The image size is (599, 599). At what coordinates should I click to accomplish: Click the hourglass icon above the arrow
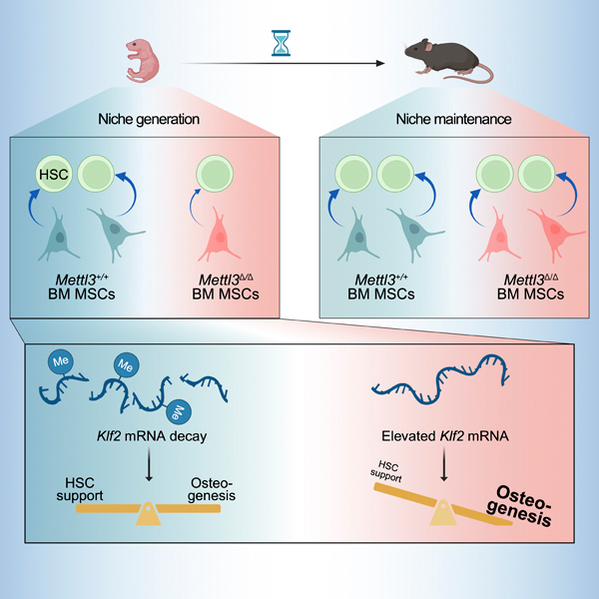pos(281,43)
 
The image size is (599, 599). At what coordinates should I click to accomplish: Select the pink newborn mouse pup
pos(142,61)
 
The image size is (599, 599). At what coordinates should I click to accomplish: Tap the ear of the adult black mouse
pos(428,47)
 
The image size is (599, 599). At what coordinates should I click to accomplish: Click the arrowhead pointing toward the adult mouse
pos(380,64)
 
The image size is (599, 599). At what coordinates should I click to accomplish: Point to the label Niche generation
pos(149,119)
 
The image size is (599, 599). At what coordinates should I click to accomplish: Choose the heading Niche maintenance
pos(453,119)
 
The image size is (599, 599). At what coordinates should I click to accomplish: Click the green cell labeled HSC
pos(54,174)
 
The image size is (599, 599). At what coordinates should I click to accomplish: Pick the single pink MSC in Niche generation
pos(219,235)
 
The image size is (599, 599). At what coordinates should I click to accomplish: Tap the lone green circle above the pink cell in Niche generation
pos(215,174)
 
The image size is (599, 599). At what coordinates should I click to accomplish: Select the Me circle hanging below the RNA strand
pos(179,411)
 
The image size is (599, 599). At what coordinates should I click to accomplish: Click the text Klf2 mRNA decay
pos(152,436)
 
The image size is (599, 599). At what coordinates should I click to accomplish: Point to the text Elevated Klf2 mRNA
pos(445,436)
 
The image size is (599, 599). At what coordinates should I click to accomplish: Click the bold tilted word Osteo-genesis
pos(520,506)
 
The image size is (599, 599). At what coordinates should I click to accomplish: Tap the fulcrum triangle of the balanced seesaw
pos(148,514)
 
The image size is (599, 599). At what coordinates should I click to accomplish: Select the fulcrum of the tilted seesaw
pos(442,513)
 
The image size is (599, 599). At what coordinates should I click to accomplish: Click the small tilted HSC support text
pos(386,471)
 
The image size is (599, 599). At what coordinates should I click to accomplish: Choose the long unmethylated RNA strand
pos(438,382)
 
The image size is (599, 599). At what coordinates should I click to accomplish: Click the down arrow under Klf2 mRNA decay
pos(149,464)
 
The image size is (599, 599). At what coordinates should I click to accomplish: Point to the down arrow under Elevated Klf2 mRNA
pos(443,464)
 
